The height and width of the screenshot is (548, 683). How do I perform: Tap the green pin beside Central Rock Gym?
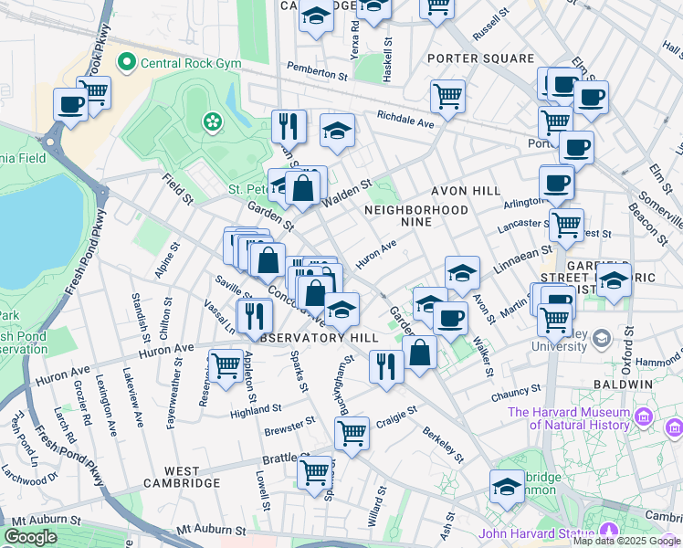click(126, 62)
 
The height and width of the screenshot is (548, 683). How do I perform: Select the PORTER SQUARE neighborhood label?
click(481, 58)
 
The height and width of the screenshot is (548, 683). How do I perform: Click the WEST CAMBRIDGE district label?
click(180, 482)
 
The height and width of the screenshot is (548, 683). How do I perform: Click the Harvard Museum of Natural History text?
click(569, 418)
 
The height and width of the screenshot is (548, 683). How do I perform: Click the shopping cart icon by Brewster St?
click(352, 431)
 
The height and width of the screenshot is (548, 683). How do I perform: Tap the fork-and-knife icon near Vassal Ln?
click(255, 315)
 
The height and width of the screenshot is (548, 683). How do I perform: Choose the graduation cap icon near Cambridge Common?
click(506, 486)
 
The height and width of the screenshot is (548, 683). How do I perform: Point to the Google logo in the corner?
click(30, 537)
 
